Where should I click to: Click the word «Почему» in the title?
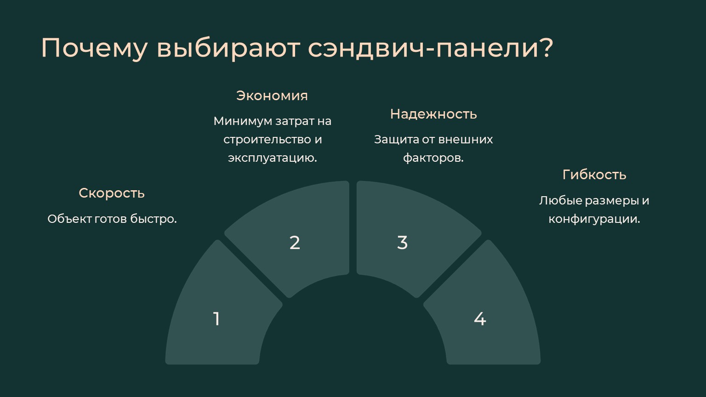coord(94,49)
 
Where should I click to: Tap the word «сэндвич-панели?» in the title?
coord(431,48)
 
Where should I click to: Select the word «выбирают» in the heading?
coord(228,49)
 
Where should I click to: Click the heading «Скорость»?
coord(112,193)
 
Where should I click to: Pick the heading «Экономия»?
coord(272,96)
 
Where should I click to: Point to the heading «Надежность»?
coord(433,114)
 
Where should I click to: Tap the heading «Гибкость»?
coord(594,175)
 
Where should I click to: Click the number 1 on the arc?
coord(216,318)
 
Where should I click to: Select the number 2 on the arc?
coord(295,243)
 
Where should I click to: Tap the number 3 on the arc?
coord(403,243)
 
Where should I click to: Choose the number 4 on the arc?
coord(480,318)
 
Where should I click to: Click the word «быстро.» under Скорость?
coord(154,219)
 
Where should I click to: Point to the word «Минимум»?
coord(243,121)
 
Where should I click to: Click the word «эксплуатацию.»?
coord(272,158)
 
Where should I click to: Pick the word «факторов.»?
coord(433,158)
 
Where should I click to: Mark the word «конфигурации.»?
coord(594,219)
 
